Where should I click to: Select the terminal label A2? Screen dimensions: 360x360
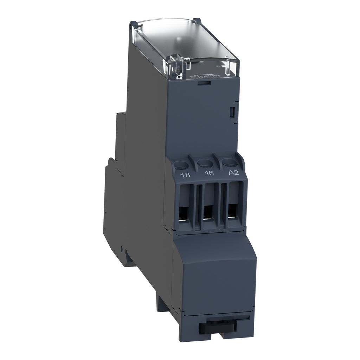(x=233, y=172)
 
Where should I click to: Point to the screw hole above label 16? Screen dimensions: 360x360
(x=204, y=163)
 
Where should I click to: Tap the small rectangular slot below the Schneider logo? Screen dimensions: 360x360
(x=204, y=83)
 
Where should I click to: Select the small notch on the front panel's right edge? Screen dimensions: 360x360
(x=232, y=112)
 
